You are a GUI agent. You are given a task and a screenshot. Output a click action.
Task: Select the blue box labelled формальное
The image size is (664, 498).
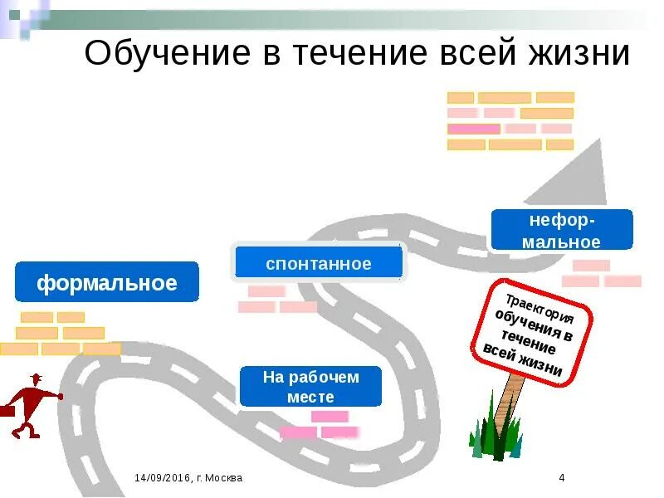tap(107, 282)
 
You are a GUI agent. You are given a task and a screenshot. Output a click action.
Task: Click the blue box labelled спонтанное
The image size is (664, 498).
tap(319, 263)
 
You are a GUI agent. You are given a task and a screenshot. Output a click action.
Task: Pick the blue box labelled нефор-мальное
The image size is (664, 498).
tap(562, 231)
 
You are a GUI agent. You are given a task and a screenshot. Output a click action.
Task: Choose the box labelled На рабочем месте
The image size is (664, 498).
tap(310, 387)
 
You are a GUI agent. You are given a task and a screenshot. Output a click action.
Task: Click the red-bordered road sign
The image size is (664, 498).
tap(533, 331)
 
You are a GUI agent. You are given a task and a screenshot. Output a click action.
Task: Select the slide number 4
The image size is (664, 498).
tap(562, 478)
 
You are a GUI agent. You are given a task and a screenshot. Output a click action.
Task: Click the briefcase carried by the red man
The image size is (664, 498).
tap(5, 410)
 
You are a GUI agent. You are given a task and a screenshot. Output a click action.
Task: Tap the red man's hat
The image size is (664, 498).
tap(36, 378)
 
